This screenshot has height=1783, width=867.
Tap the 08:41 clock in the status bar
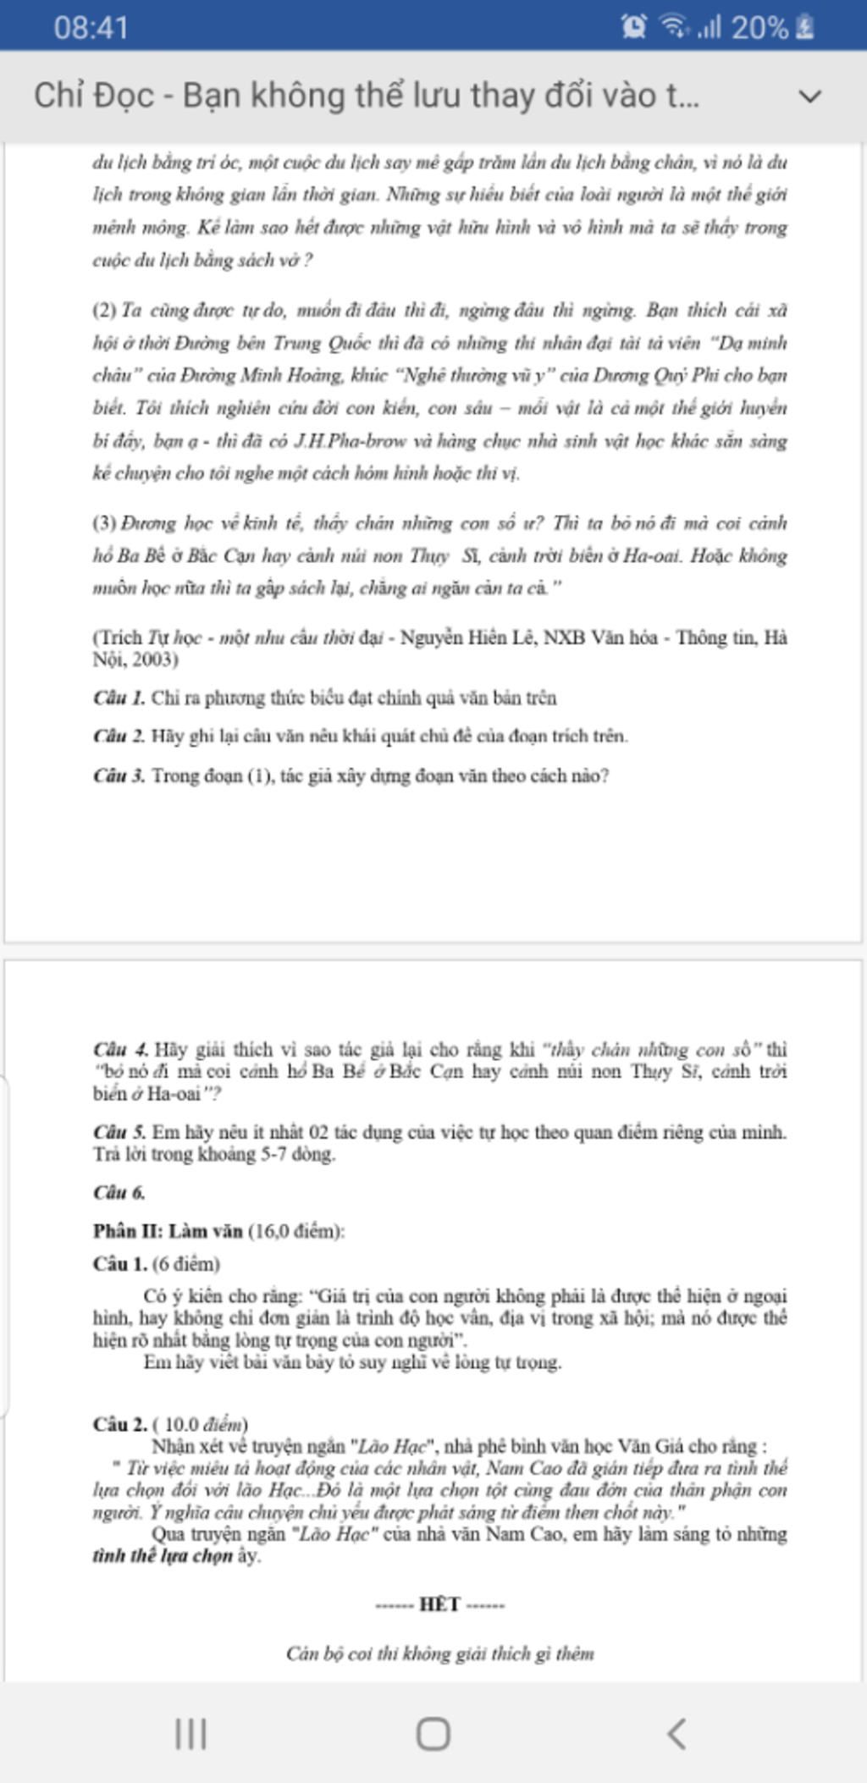(x=91, y=27)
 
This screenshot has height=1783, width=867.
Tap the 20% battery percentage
(x=759, y=27)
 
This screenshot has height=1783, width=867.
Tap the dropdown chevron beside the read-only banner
(x=809, y=96)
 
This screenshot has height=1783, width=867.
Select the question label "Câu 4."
(x=120, y=1050)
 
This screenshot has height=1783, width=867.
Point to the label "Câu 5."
(x=119, y=1132)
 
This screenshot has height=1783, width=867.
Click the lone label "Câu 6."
(x=119, y=1193)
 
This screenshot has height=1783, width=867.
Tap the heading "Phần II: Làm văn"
(x=168, y=1231)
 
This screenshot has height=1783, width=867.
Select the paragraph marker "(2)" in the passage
(x=104, y=311)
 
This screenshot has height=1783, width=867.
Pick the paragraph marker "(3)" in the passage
(x=104, y=523)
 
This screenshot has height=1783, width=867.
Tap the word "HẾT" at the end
(x=439, y=1604)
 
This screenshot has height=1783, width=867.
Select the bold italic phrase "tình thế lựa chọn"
(x=163, y=1556)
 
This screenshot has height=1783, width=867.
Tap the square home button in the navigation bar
(x=433, y=1733)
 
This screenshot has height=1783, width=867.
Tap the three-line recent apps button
(x=191, y=1733)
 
